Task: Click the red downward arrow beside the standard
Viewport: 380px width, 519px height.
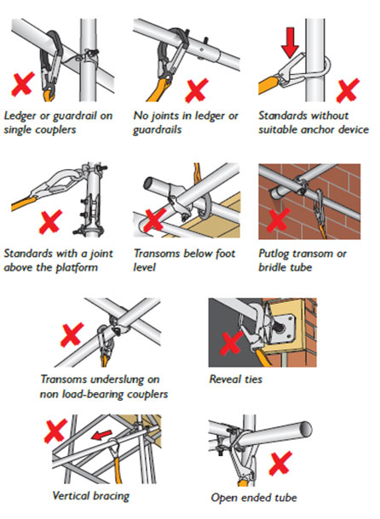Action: coord(290,43)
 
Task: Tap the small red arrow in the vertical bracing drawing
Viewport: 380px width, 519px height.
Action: coord(101,435)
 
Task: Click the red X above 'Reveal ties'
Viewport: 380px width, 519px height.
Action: coord(231,343)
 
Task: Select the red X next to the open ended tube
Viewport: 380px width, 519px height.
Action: coord(280,463)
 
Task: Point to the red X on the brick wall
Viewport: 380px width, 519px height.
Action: coord(279,220)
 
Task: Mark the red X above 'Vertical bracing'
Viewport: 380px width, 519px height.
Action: coord(55,431)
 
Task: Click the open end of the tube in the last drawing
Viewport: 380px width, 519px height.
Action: coord(305,429)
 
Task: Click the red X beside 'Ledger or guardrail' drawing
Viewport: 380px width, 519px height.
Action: coord(23,84)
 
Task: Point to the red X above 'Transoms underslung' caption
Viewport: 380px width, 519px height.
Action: coord(72,334)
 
